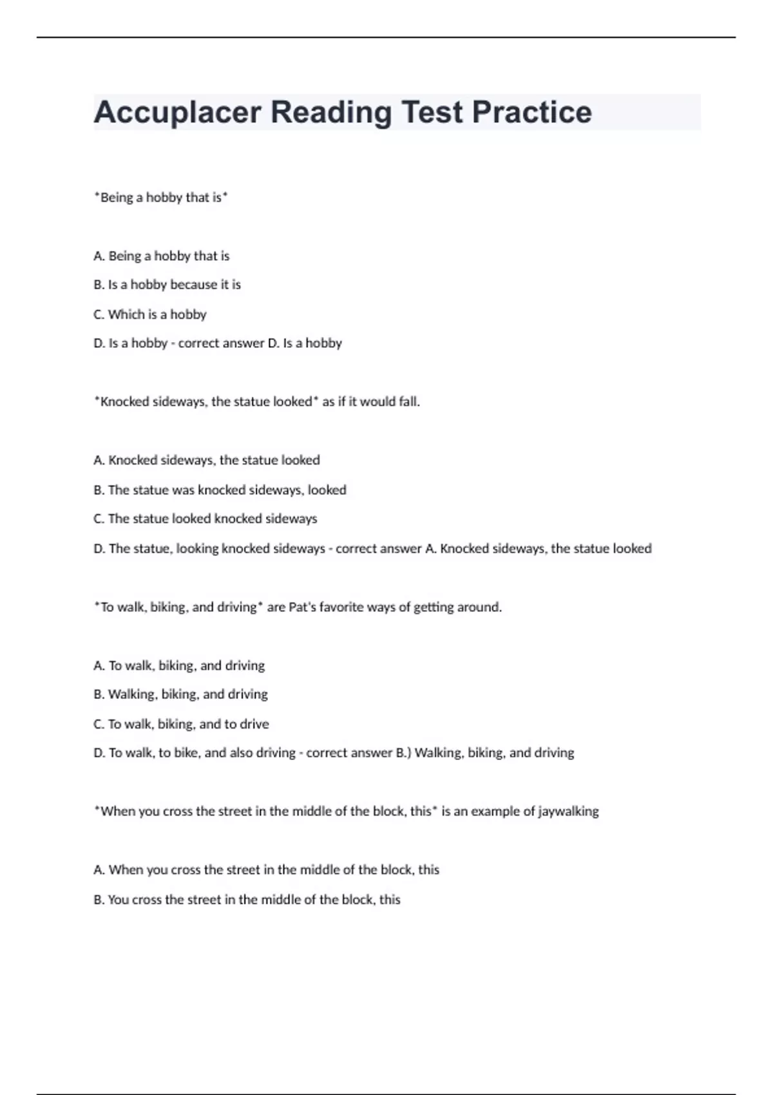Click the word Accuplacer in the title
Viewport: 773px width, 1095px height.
coord(177,112)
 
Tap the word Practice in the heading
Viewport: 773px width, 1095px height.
coord(531,112)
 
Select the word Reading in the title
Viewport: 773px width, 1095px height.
coord(331,112)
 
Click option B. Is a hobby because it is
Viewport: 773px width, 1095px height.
coord(167,285)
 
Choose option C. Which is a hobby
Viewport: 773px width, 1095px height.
coord(150,314)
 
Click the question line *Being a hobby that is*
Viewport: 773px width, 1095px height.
coord(161,198)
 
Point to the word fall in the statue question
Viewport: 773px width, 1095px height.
coord(407,402)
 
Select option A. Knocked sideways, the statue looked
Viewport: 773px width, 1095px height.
coord(207,461)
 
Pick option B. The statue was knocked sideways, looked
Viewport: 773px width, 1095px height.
coord(220,490)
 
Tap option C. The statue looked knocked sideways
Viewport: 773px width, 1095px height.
coord(205,519)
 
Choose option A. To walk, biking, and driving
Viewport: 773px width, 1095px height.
coord(179,665)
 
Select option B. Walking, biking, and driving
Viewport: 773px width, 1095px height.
coord(180,694)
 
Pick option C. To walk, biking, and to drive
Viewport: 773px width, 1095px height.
coord(181,724)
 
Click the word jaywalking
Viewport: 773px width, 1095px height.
coord(568,812)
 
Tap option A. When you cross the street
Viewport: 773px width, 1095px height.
coord(266,870)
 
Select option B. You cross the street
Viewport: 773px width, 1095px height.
coord(247,900)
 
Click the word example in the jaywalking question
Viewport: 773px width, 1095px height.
coord(495,812)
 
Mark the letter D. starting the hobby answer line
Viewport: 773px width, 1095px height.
coord(99,343)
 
